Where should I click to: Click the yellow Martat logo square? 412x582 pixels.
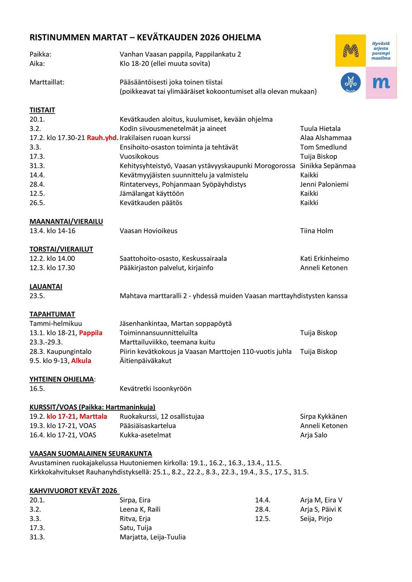pyautogui.click(x=351, y=51)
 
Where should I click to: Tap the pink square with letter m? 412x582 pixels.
pyautogui.click(x=381, y=82)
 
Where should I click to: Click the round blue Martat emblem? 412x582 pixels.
pyautogui.click(x=351, y=82)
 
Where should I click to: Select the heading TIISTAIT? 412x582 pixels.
pyautogui.click(x=42, y=110)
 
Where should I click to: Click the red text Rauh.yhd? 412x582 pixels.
pyautogui.click(x=103, y=138)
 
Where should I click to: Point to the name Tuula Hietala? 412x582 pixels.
pyautogui.click(x=320, y=129)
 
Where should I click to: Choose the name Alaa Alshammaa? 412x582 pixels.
pyautogui.click(x=325, y=138)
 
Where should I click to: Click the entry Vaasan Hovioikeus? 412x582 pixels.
pyautogui.click(x=148, y=231)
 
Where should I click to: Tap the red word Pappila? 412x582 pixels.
pyautogui.click(x=91, y=333)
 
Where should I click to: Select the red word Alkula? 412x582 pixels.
pyautogui.click(x=81, y=361)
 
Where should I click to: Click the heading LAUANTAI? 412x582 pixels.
pyautogui.click(x=46, y=286)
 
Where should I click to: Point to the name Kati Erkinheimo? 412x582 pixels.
pyautogui.click(x=324, y=259)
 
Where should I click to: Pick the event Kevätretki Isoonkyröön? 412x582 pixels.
pyautogui.click(x=155, y=389)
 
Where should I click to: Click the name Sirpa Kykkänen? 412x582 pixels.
pyautogui.click(x=323, y=417)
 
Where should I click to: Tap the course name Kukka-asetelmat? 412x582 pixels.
pyautogui.click(x=145, y=435)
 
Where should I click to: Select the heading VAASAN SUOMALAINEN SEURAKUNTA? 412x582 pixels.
pyautogui.click(x=91, y=454)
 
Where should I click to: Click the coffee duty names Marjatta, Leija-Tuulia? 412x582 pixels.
pyautogui.click(x=152, y=537)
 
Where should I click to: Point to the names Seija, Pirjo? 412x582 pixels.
pyautogui.click(x=316, y=519)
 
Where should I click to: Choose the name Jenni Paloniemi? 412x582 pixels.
pyautogui.click(x=324, y=184)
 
